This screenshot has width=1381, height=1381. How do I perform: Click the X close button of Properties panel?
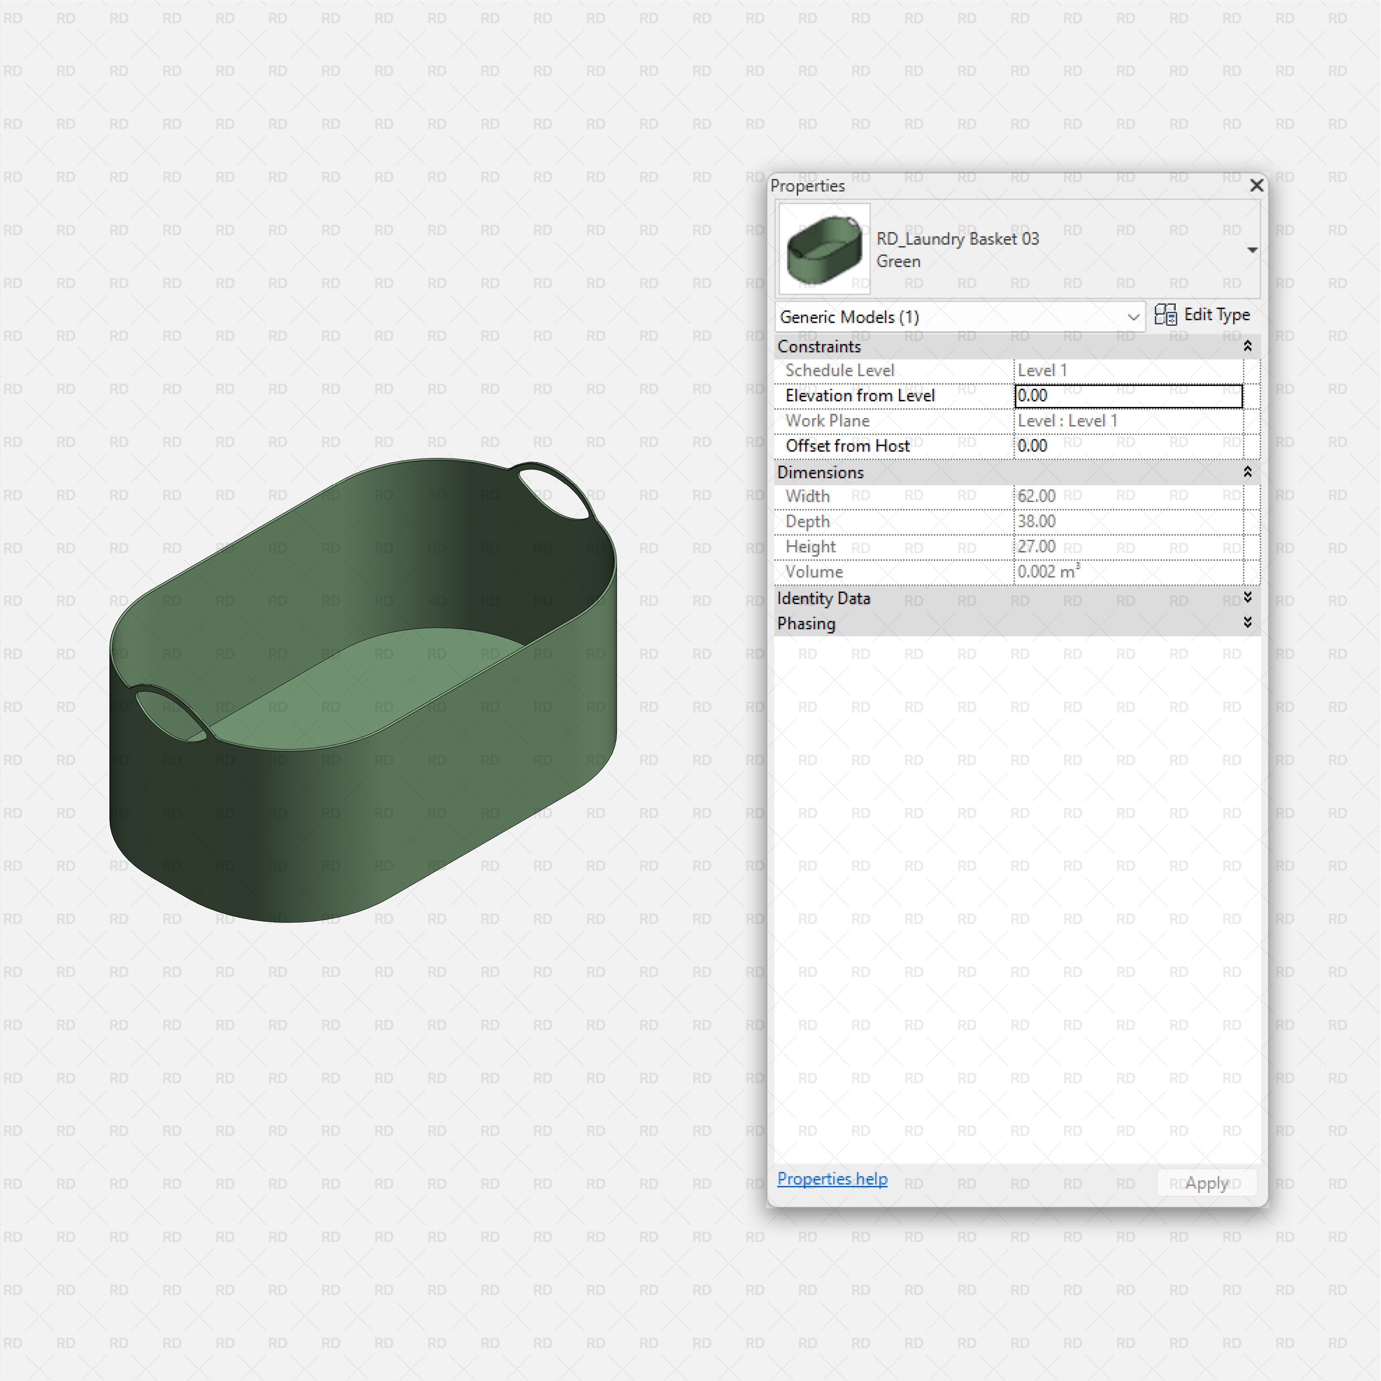click(1256, 186)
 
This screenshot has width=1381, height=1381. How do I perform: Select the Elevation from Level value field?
click(1128, 396)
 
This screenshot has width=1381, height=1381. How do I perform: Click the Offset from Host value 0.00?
click(1033, 446)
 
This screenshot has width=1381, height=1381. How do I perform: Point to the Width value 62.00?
click(1037, 496)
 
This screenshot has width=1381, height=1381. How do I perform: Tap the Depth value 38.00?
click(1037, 521)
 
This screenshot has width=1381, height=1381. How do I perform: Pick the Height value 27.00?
click(1037, 547)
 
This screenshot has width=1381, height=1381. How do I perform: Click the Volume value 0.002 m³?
click(1048, 572)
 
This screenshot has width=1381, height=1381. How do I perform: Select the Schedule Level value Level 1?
click(1042, 370)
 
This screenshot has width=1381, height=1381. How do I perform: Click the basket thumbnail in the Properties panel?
click(824, 249)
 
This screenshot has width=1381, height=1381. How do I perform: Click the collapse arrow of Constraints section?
click(1247, 346)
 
